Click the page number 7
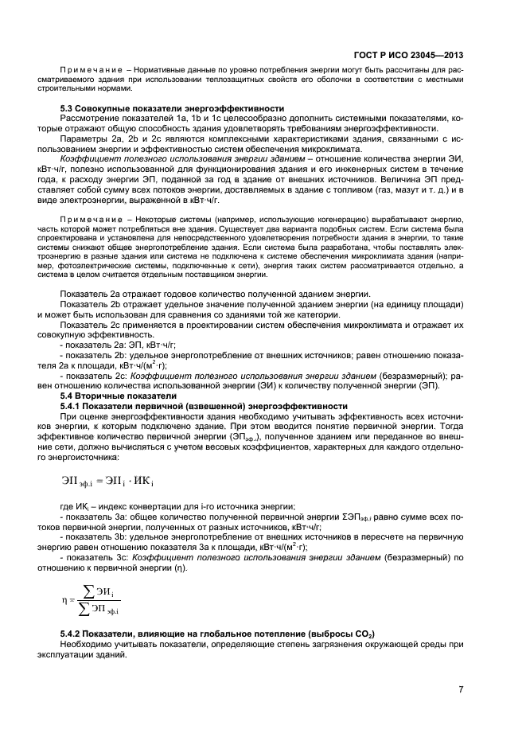pos(461,689)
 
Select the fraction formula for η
pos(96,599)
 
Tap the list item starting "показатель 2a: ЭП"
pos(124,346)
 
